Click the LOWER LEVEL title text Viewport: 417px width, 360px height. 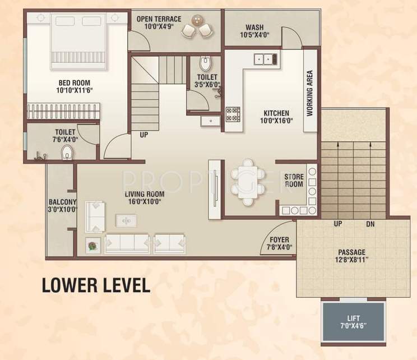[96, 284]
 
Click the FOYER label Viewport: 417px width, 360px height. [278, 240]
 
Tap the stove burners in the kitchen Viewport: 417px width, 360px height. [233, 114]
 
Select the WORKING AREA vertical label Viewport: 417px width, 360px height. [310, 93]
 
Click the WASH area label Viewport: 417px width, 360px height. [255, 28]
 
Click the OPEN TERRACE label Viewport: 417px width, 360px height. [159, 19]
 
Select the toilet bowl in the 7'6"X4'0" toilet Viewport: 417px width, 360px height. [66, 152]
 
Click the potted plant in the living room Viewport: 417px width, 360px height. [92, 244]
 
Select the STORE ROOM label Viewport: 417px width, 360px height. [294, 181]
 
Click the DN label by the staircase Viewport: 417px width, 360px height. [370, 224]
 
